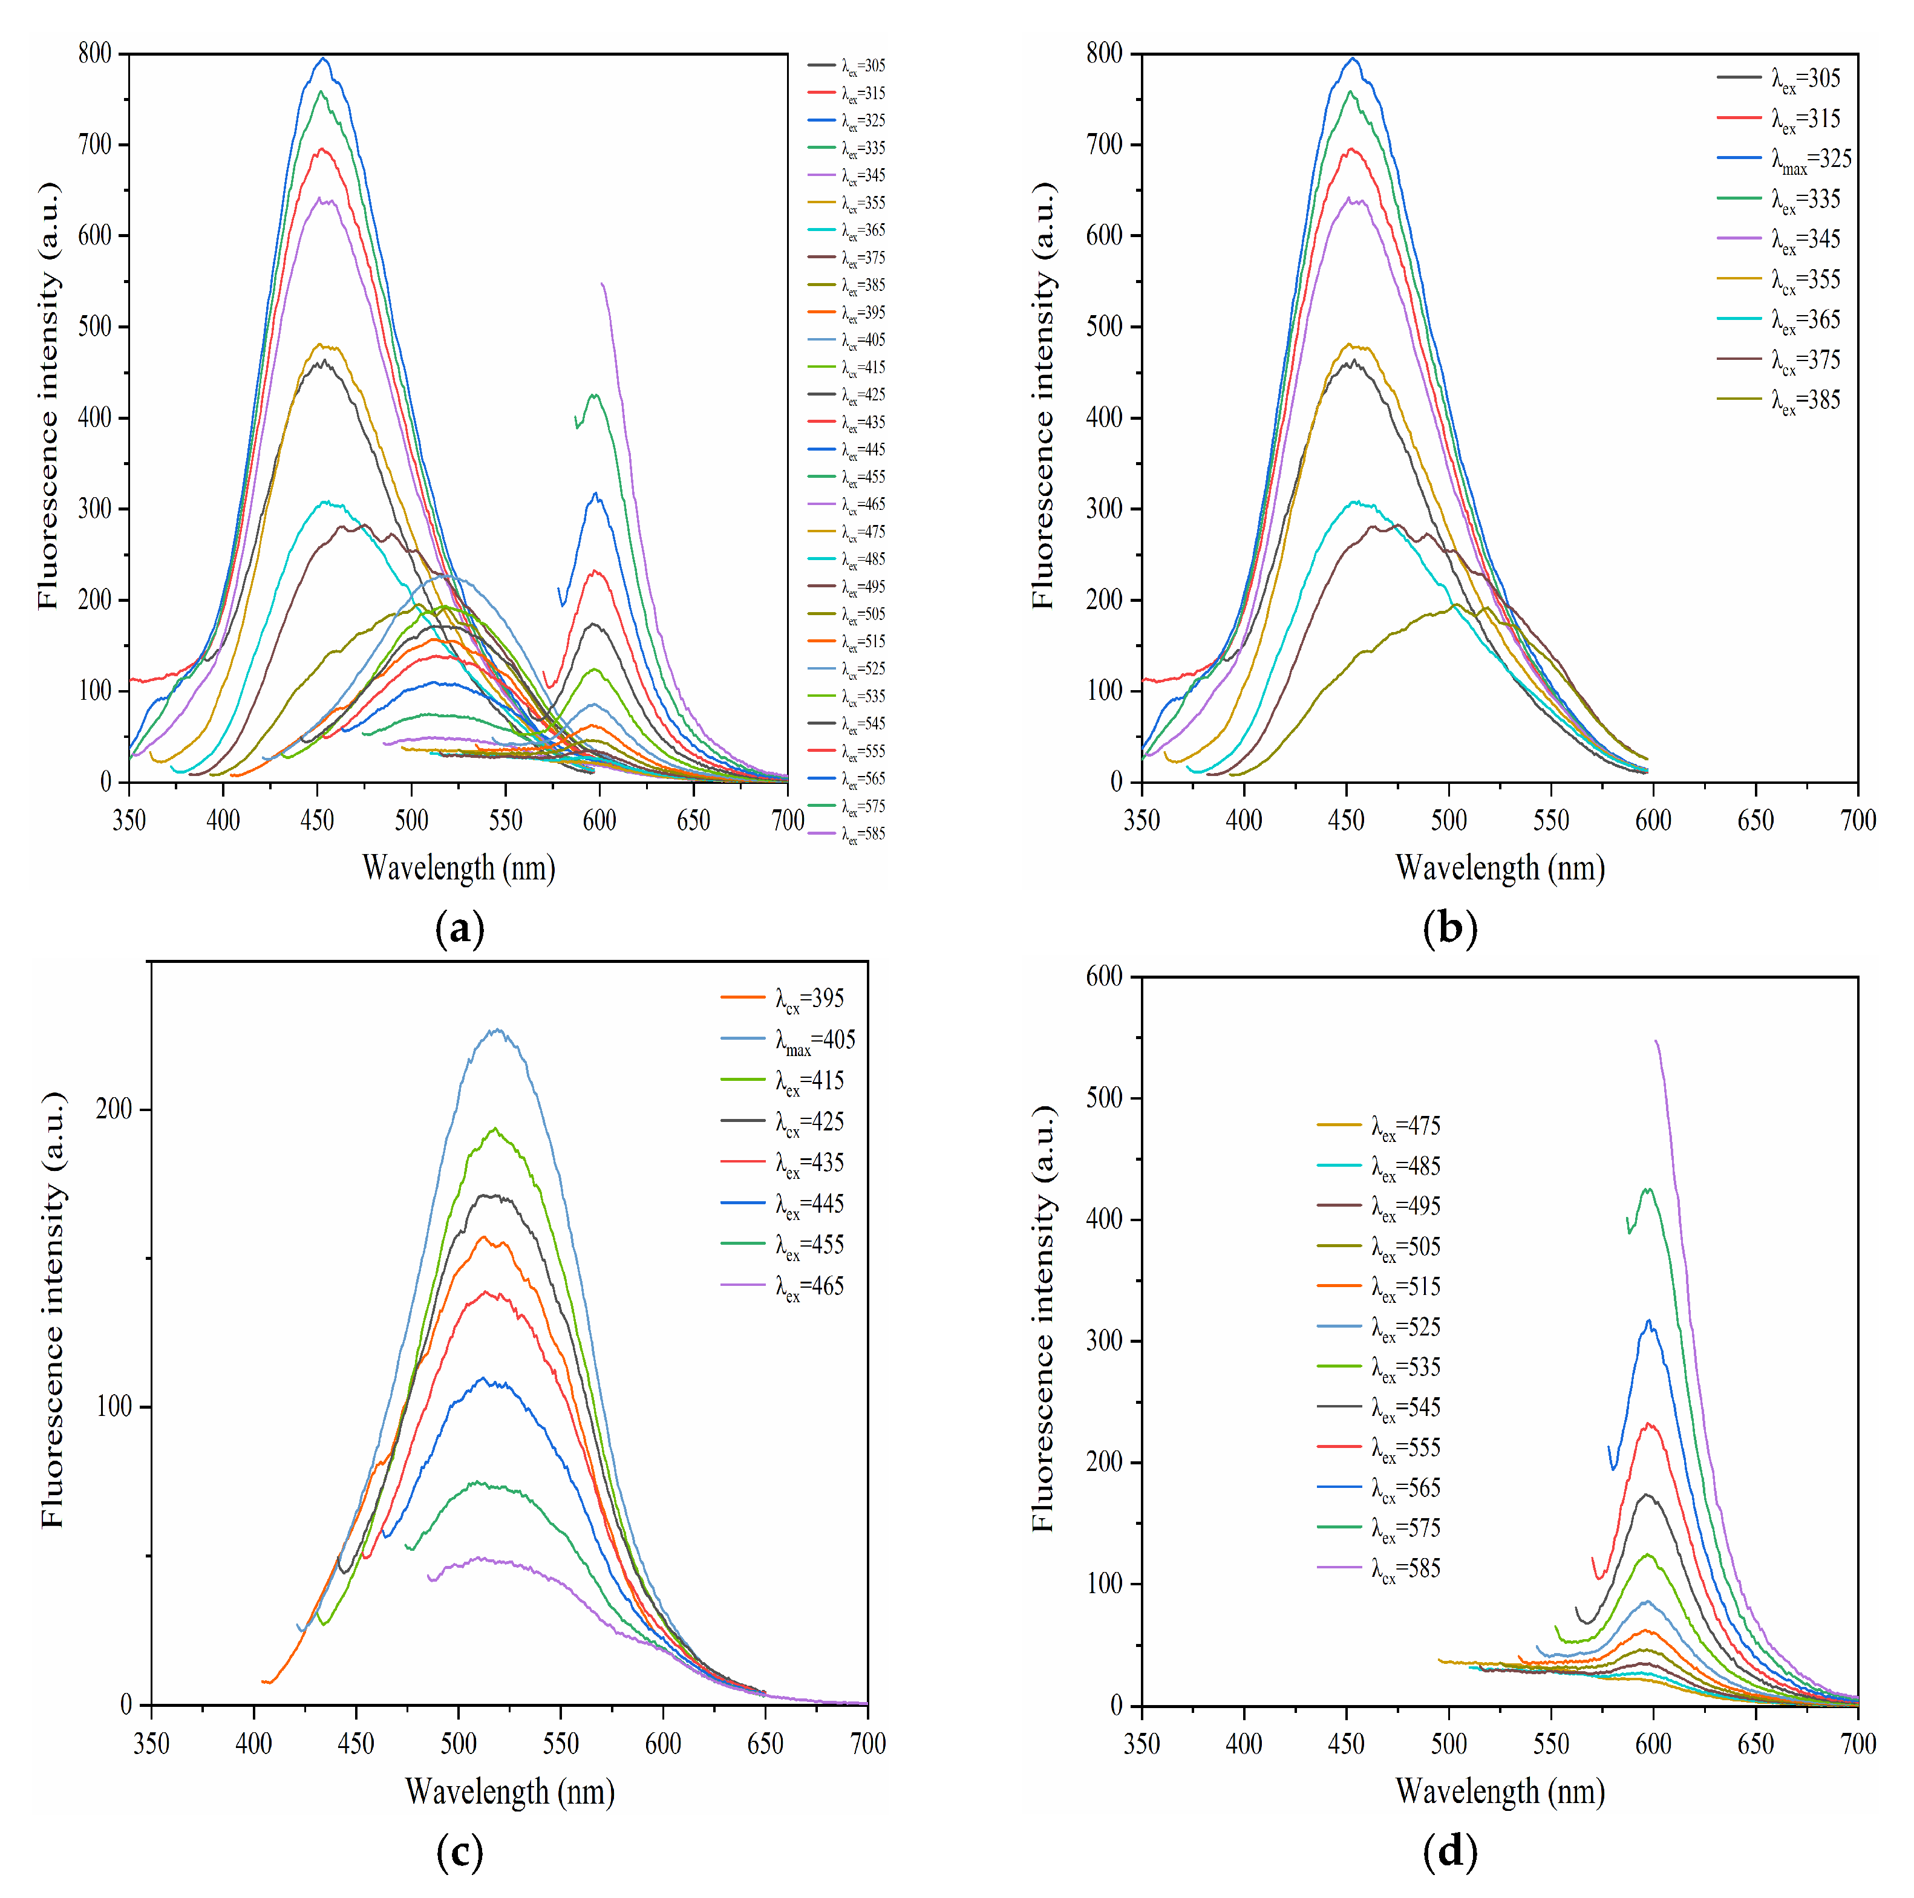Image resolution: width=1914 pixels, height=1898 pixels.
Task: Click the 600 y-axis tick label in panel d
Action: tap(1105, 976)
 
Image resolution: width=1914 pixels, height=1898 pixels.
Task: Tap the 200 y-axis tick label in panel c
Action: tap(114, 1109)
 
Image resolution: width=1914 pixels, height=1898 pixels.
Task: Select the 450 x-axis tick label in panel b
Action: tap(1347, 820)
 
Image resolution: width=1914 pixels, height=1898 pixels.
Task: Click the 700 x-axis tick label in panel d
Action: tap(1858, 1744)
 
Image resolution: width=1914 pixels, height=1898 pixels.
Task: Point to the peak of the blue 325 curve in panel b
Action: tap(1353, 59)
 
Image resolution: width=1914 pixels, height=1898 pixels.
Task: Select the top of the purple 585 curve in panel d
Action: tap(1656, 1041)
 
